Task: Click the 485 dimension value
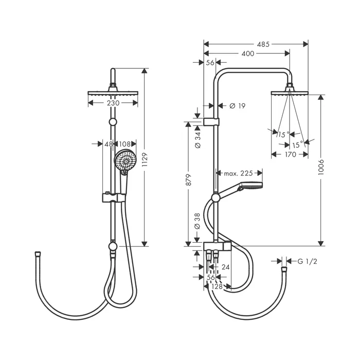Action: tap(263, 44)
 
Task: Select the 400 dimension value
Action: tap(248, 53)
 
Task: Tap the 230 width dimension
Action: tap(113, 103)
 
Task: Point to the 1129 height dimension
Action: tap(145, 159)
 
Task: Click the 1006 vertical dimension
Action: tap(321, 167)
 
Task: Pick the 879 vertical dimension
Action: tap(188, 180)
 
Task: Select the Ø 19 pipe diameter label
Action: tap(238, 106)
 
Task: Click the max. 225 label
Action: tap(238, 173)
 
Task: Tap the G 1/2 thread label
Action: tap(307, 261)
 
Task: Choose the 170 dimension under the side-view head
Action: tap(291, 154)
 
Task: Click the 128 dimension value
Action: tap(217, 286)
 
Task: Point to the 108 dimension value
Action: tap(125, 144)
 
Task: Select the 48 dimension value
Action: tap(109, 144)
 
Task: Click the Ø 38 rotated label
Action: tap(197, 221)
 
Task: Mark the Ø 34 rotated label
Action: tap(197, 139)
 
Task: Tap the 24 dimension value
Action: tap(225, 267)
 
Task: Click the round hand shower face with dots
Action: tap(125, 160)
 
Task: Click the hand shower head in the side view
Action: tap(250, 186)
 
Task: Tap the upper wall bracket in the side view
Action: tap(211, 122)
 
